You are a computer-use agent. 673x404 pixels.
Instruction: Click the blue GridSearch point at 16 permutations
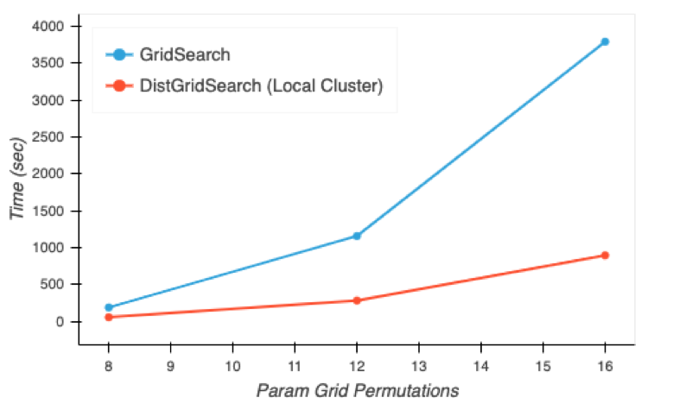[x=605, y=41]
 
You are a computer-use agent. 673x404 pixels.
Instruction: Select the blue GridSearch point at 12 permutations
[x=357, y=236]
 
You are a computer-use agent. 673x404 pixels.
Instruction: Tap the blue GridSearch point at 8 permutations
[x=109, y=307]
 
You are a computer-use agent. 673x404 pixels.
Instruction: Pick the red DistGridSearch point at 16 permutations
[x=605, y=256]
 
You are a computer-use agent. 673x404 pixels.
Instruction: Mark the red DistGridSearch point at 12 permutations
[x=357, y=300]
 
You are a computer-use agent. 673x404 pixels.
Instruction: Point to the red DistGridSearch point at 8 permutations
[x=109, y=317]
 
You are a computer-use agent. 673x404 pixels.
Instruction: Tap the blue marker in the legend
[x=120, y=54]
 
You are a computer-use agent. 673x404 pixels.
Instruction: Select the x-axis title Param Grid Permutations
[x=357, y=390]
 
